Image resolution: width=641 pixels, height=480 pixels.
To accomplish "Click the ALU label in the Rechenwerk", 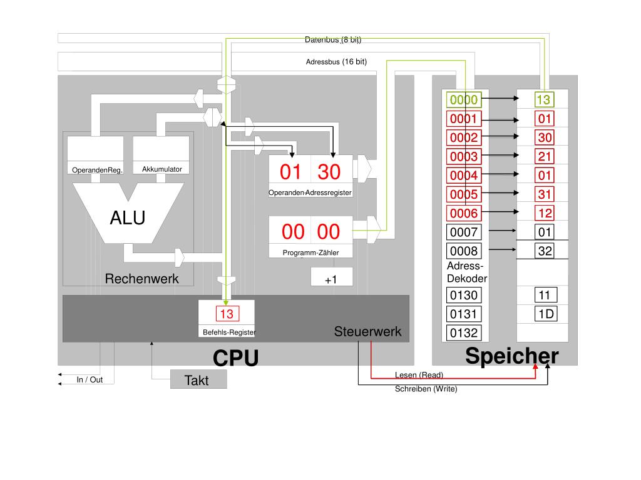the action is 128,217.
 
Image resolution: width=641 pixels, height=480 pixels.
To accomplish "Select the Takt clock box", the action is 198,379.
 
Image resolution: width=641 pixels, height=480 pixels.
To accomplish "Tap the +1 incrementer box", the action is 332,277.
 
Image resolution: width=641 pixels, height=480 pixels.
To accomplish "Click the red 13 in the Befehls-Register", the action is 227,314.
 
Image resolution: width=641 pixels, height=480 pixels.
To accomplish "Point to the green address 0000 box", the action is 464,99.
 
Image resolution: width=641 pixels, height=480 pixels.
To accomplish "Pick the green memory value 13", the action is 544,99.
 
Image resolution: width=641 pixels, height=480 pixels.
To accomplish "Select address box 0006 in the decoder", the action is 464,213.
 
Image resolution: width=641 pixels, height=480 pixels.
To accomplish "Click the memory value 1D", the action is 546,314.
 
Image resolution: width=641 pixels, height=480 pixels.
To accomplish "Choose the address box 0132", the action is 464,332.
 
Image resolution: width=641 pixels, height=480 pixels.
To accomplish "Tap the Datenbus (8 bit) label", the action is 333,39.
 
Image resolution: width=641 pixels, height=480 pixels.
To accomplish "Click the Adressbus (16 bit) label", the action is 336,62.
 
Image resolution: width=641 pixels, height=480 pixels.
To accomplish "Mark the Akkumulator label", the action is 162,169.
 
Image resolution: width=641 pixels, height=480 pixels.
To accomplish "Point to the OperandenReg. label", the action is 97,170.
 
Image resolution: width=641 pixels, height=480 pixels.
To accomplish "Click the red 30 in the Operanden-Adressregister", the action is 329,172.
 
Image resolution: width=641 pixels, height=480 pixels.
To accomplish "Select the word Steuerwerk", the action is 367,331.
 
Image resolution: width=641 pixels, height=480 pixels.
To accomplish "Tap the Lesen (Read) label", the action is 419,375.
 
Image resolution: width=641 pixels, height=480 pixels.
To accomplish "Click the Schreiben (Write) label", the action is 426,389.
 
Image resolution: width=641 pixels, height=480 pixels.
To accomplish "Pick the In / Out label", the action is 90,379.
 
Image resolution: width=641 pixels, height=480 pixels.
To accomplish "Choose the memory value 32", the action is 545,251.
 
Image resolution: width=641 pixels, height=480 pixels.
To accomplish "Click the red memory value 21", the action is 545,156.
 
